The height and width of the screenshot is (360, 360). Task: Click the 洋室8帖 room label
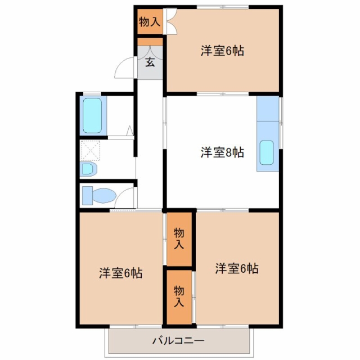222,152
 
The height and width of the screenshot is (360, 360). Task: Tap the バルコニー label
179,340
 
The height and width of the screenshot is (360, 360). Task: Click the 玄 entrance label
150,62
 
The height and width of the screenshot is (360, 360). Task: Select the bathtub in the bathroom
92,115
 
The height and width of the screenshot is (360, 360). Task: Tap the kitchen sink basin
267,152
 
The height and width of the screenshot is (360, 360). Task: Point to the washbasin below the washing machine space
88,169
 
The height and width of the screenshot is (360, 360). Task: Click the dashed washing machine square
91,151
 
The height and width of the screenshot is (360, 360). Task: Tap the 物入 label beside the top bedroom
150,21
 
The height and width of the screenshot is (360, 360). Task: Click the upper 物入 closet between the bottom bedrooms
179,239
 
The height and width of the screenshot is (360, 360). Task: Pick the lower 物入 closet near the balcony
179,297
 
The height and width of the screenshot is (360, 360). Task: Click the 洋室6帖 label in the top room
222,51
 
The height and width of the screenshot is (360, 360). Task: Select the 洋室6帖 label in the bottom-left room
121,273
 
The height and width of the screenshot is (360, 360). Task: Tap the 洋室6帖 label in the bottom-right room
237,268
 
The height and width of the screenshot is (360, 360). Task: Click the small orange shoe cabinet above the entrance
150,42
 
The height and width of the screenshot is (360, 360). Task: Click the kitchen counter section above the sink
268,109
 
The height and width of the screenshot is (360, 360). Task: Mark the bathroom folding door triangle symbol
130,130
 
